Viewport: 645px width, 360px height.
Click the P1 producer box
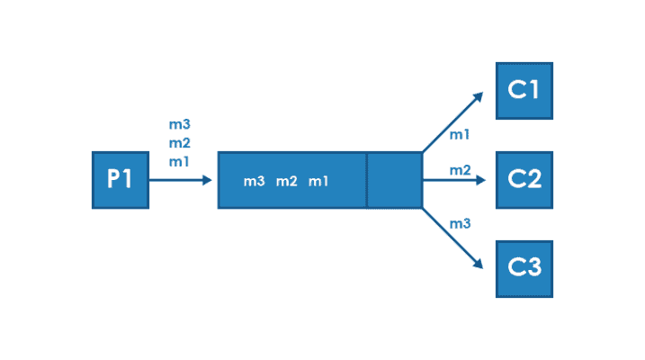(121, 180)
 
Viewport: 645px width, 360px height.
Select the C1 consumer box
(524, 91)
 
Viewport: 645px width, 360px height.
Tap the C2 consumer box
(524, 180)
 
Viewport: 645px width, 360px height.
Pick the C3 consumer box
(524, 269)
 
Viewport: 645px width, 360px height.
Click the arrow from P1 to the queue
(180, 180)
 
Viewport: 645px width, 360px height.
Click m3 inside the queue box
(254, 182)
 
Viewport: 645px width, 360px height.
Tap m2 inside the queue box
(286, 182)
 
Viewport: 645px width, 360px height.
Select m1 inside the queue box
(318, 182)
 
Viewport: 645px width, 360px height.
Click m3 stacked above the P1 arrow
(179, 124)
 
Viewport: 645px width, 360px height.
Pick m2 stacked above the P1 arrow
(179, 142)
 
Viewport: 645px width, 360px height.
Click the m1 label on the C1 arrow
(459, 135)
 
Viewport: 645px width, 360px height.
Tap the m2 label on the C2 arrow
(460, 170)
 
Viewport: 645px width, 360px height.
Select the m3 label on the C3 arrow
(460, 222)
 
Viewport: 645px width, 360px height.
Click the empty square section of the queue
(394, 180)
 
